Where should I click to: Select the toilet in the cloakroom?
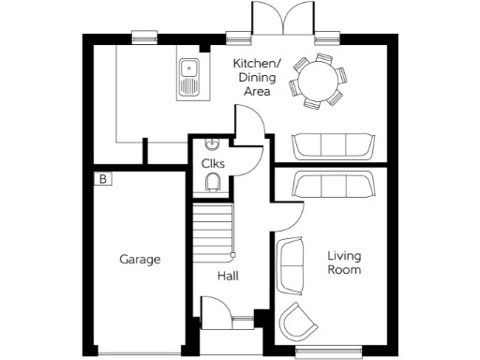click(214, 181)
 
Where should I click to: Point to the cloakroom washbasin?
click(212, 144)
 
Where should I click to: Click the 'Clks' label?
click(213, 163)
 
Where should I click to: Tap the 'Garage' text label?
click(139, 260)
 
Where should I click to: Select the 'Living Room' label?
click(344, 262)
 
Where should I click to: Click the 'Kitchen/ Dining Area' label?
click(252, 78)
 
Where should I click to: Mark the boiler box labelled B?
click(102, 178)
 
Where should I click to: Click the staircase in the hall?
click(212, 231)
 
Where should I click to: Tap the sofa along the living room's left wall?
click(290, 264)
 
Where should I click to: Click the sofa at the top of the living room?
click(333, 185)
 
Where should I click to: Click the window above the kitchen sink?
click(145, 37)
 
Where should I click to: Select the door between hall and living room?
click(289, 219)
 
